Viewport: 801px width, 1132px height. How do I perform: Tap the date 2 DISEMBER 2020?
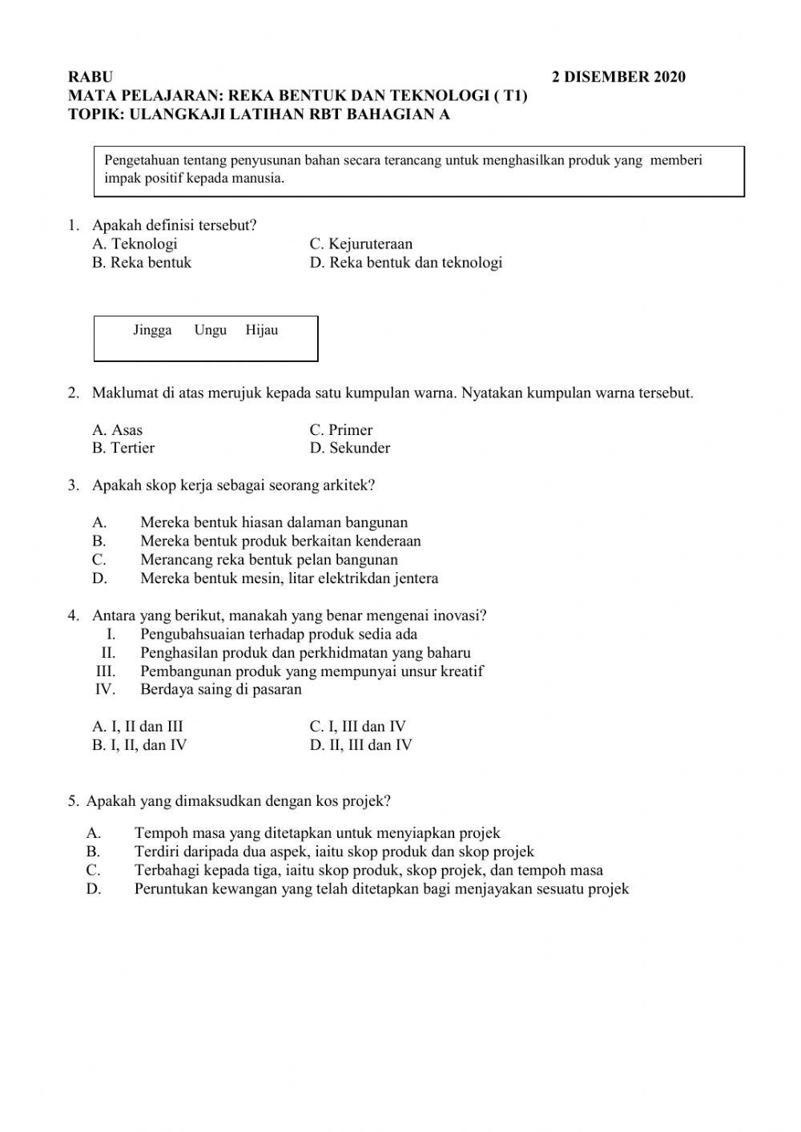[618, 78]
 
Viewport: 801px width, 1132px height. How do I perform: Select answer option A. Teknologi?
[135, 244]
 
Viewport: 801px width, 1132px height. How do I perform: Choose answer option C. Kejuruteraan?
[360, 244]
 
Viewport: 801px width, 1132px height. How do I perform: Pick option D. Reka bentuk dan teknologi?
[405, 263]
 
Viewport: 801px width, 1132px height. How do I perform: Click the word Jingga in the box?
[152, 330]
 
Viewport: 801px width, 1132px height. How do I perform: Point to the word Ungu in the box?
[210, 330]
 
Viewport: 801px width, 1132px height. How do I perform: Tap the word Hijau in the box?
[262, 330]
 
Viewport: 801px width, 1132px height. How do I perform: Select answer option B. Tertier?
[123, 448]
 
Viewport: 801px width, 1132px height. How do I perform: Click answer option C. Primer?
[340, 430]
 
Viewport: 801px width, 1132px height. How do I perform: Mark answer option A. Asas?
[117, 430]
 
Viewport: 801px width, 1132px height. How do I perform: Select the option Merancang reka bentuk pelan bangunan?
[268, 560]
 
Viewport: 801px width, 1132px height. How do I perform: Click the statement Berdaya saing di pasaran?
[220, 690]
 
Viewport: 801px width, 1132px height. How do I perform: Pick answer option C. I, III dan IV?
[357, 727]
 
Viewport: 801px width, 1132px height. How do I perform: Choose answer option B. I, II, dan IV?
[139, 745]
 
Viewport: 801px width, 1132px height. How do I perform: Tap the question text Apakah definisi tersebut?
[174, 226]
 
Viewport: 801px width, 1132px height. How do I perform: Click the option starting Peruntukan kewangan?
[381, 888]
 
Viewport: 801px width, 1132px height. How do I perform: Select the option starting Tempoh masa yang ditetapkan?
[317, 833]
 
